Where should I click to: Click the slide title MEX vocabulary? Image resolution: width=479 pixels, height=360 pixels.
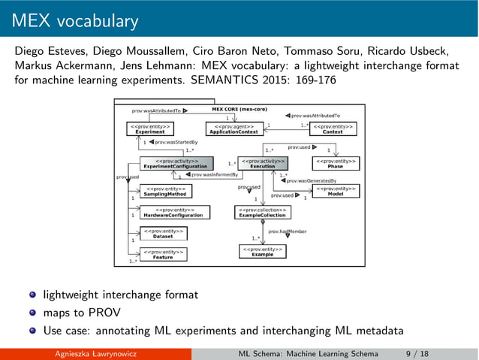pos(75,20)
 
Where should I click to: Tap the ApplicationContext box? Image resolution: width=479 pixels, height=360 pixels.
pos(233,129)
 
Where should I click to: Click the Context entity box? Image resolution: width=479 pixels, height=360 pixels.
pos(333,129)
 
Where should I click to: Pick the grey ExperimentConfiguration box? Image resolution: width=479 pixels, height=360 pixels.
pos(176,163)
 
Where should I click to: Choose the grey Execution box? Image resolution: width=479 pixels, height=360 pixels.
pos(263,163)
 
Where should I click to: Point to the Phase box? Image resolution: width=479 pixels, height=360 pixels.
pos(335,163)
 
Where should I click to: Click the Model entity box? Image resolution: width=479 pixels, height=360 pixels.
pos(335,191)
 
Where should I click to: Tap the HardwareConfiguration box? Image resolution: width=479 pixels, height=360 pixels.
pos(174,212)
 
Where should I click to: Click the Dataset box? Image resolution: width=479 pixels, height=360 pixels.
pos(163,233)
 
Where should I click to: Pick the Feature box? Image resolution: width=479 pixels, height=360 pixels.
pos(163,255)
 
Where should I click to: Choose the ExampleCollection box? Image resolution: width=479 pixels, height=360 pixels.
pos(261,212)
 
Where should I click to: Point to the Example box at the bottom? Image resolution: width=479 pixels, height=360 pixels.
pos(263,252)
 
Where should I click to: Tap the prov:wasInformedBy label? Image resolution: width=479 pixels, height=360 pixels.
pos(215,174)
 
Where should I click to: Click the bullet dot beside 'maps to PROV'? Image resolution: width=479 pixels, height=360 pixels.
pos(33,313)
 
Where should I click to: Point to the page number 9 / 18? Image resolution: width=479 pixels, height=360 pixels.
pos(417,354)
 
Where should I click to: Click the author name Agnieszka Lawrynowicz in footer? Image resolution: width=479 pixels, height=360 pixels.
pos(95,354)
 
